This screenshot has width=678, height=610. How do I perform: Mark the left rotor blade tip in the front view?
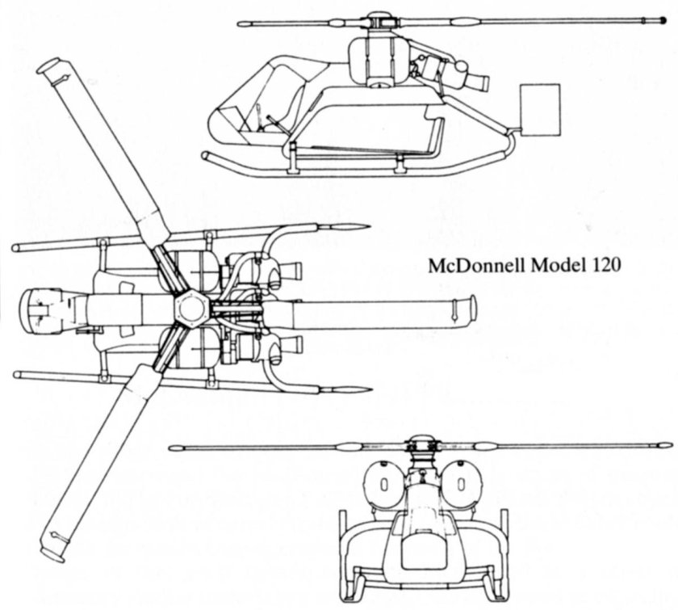174,447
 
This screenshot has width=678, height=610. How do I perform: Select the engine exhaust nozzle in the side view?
479,81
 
